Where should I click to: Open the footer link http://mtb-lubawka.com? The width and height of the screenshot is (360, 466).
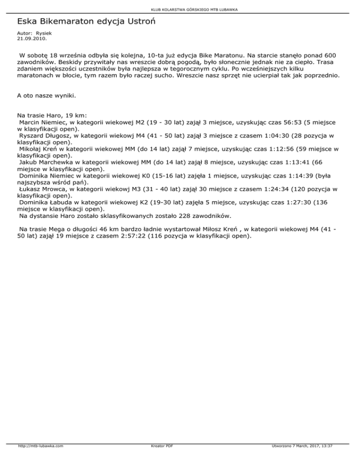[40, 459]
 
